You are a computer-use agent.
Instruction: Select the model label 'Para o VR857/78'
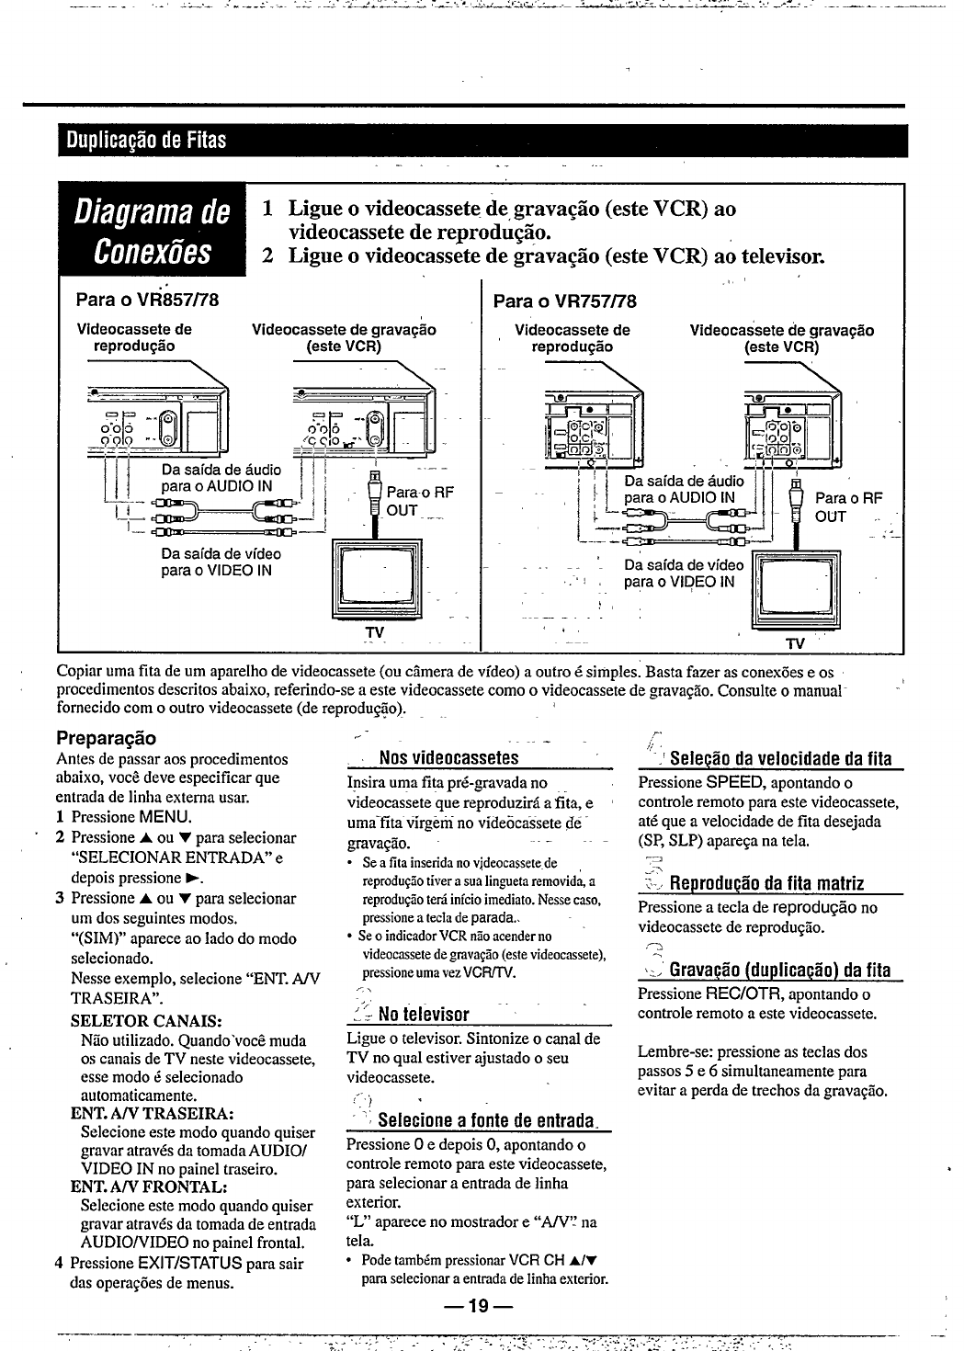[147, 301]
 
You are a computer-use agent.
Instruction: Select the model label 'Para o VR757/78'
[565, 301]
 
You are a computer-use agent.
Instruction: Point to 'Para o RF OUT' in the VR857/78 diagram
[419, 501]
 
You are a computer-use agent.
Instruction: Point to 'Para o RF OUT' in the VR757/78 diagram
[847, 507]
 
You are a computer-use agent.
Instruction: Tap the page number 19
[477, 1306]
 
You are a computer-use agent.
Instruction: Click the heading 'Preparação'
[107, 738]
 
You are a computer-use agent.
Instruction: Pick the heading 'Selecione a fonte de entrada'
[482, 1121]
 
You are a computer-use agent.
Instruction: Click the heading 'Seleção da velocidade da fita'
[780, 759]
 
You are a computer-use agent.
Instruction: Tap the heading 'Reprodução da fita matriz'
[766, 884]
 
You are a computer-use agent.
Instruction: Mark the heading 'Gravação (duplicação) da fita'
[779, 970]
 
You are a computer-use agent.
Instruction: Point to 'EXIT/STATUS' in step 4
[190, 1264]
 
